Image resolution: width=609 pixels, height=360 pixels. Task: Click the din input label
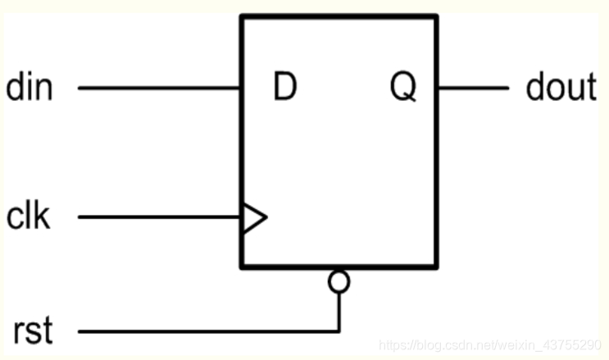coord(30,87)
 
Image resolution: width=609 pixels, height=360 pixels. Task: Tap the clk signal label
coord(29,217)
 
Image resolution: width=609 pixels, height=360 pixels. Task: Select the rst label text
coord(33,332)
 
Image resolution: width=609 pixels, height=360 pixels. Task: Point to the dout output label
coord(561,87)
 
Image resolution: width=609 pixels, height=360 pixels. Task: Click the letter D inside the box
coord(284,88)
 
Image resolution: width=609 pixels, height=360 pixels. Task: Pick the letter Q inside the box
coord(402,88)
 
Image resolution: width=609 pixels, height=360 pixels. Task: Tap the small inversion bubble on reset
coord(339,282)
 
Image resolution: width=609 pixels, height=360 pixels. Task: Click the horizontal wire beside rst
coord(205,332)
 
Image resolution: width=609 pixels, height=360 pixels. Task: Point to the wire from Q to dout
coord(473,87)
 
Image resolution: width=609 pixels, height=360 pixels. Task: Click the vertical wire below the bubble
coord(339,312)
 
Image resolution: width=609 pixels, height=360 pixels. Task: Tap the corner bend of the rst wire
coord(339,332)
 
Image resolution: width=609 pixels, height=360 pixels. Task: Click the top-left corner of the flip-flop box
coord(242,16)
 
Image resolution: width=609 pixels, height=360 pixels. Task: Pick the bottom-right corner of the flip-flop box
coord(436,267)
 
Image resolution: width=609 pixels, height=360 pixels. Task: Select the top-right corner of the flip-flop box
coord(436,16)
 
